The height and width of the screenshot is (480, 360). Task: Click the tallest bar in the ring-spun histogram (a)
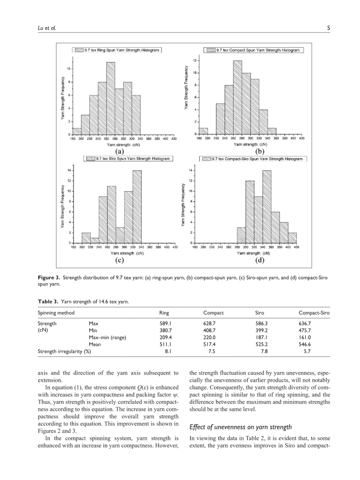pos(111,98)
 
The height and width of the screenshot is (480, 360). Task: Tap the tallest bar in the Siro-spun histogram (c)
pos(137,207)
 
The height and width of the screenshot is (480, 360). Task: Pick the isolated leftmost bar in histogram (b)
pos(203,131)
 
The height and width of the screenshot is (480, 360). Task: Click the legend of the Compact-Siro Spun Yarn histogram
pos(253,159)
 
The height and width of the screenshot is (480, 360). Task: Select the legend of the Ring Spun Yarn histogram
pos(117,50)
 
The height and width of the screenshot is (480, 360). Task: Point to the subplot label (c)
pos(119,260)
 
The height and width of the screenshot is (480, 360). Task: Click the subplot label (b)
pos(259,151)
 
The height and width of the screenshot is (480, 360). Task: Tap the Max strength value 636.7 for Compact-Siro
pos(305,323)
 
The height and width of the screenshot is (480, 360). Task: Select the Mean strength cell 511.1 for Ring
pos(165,344)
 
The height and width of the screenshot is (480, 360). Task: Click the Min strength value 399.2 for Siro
pos(261,330)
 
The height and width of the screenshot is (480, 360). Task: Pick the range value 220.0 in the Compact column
pos(209,337)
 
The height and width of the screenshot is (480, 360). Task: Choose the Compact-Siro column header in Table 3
pos(314,313)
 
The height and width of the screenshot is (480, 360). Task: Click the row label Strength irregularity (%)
pos(64,351)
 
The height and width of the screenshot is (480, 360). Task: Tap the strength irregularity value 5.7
pos(307,351)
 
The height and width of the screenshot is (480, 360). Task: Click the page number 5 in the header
pos(328,28)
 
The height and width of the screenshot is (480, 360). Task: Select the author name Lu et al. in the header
pos(47,28)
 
